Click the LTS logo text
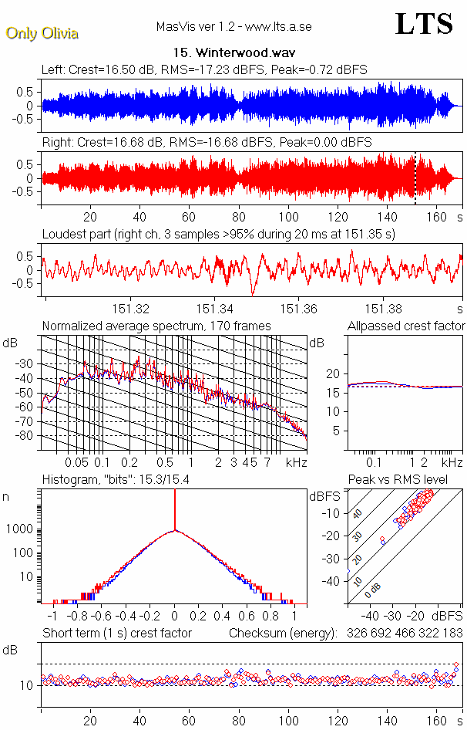(424, 24)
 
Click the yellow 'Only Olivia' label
(42, 33)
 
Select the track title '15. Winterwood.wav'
(234, 53)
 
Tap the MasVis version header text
(234, 26)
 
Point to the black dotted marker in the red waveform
(415, 178)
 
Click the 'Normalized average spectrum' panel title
(156, 326)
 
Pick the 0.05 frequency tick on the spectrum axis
(76, 462)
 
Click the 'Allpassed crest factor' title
(406, 326)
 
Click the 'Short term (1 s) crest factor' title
(116, 633)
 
